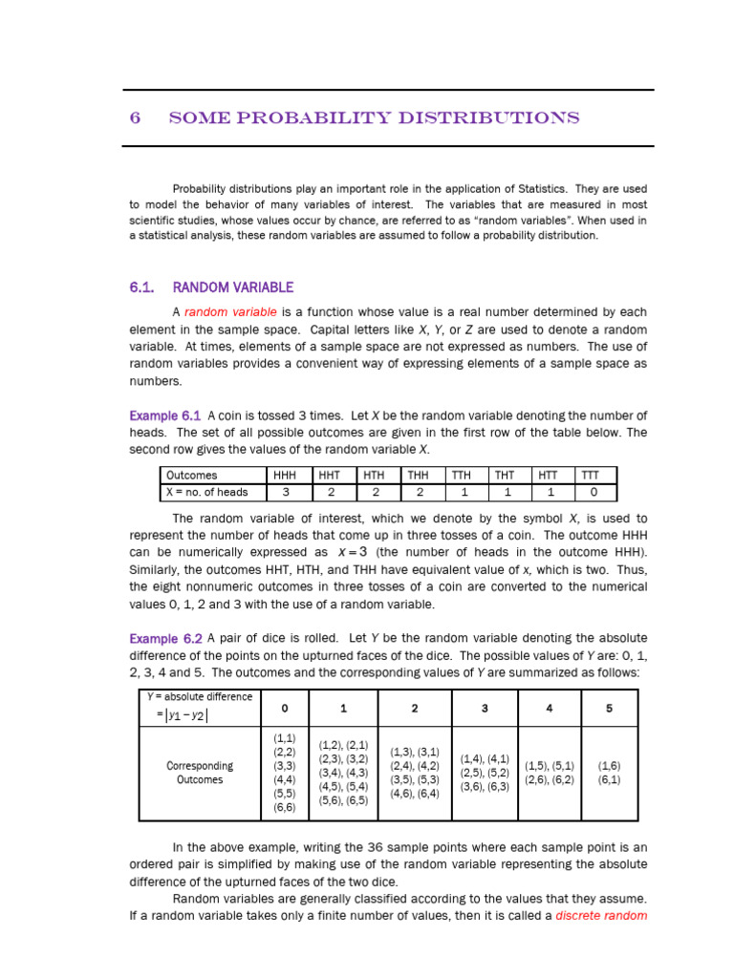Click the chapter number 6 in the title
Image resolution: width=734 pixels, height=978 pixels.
pos(135,118)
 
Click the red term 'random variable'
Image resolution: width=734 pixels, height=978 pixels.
pos(230,312)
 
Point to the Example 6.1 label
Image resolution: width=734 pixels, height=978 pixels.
pos(164,415)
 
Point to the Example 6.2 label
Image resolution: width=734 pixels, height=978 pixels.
pos(164,639)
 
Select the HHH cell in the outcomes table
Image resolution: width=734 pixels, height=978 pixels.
pos(285,475)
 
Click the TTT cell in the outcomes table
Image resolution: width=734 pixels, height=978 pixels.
pos(594,475)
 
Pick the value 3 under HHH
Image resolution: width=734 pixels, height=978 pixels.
pos(285,492)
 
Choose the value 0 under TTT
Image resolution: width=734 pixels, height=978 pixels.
pos(594,492)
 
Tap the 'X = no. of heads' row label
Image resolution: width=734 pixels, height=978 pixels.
pos(207,492)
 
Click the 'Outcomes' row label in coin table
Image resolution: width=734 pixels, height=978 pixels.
pos(192,475)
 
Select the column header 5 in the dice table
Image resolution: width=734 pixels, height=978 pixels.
pos(608,708)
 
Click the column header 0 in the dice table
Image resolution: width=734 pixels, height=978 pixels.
pos(284,708)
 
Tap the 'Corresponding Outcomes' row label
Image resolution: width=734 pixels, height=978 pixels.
pos(200,773)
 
